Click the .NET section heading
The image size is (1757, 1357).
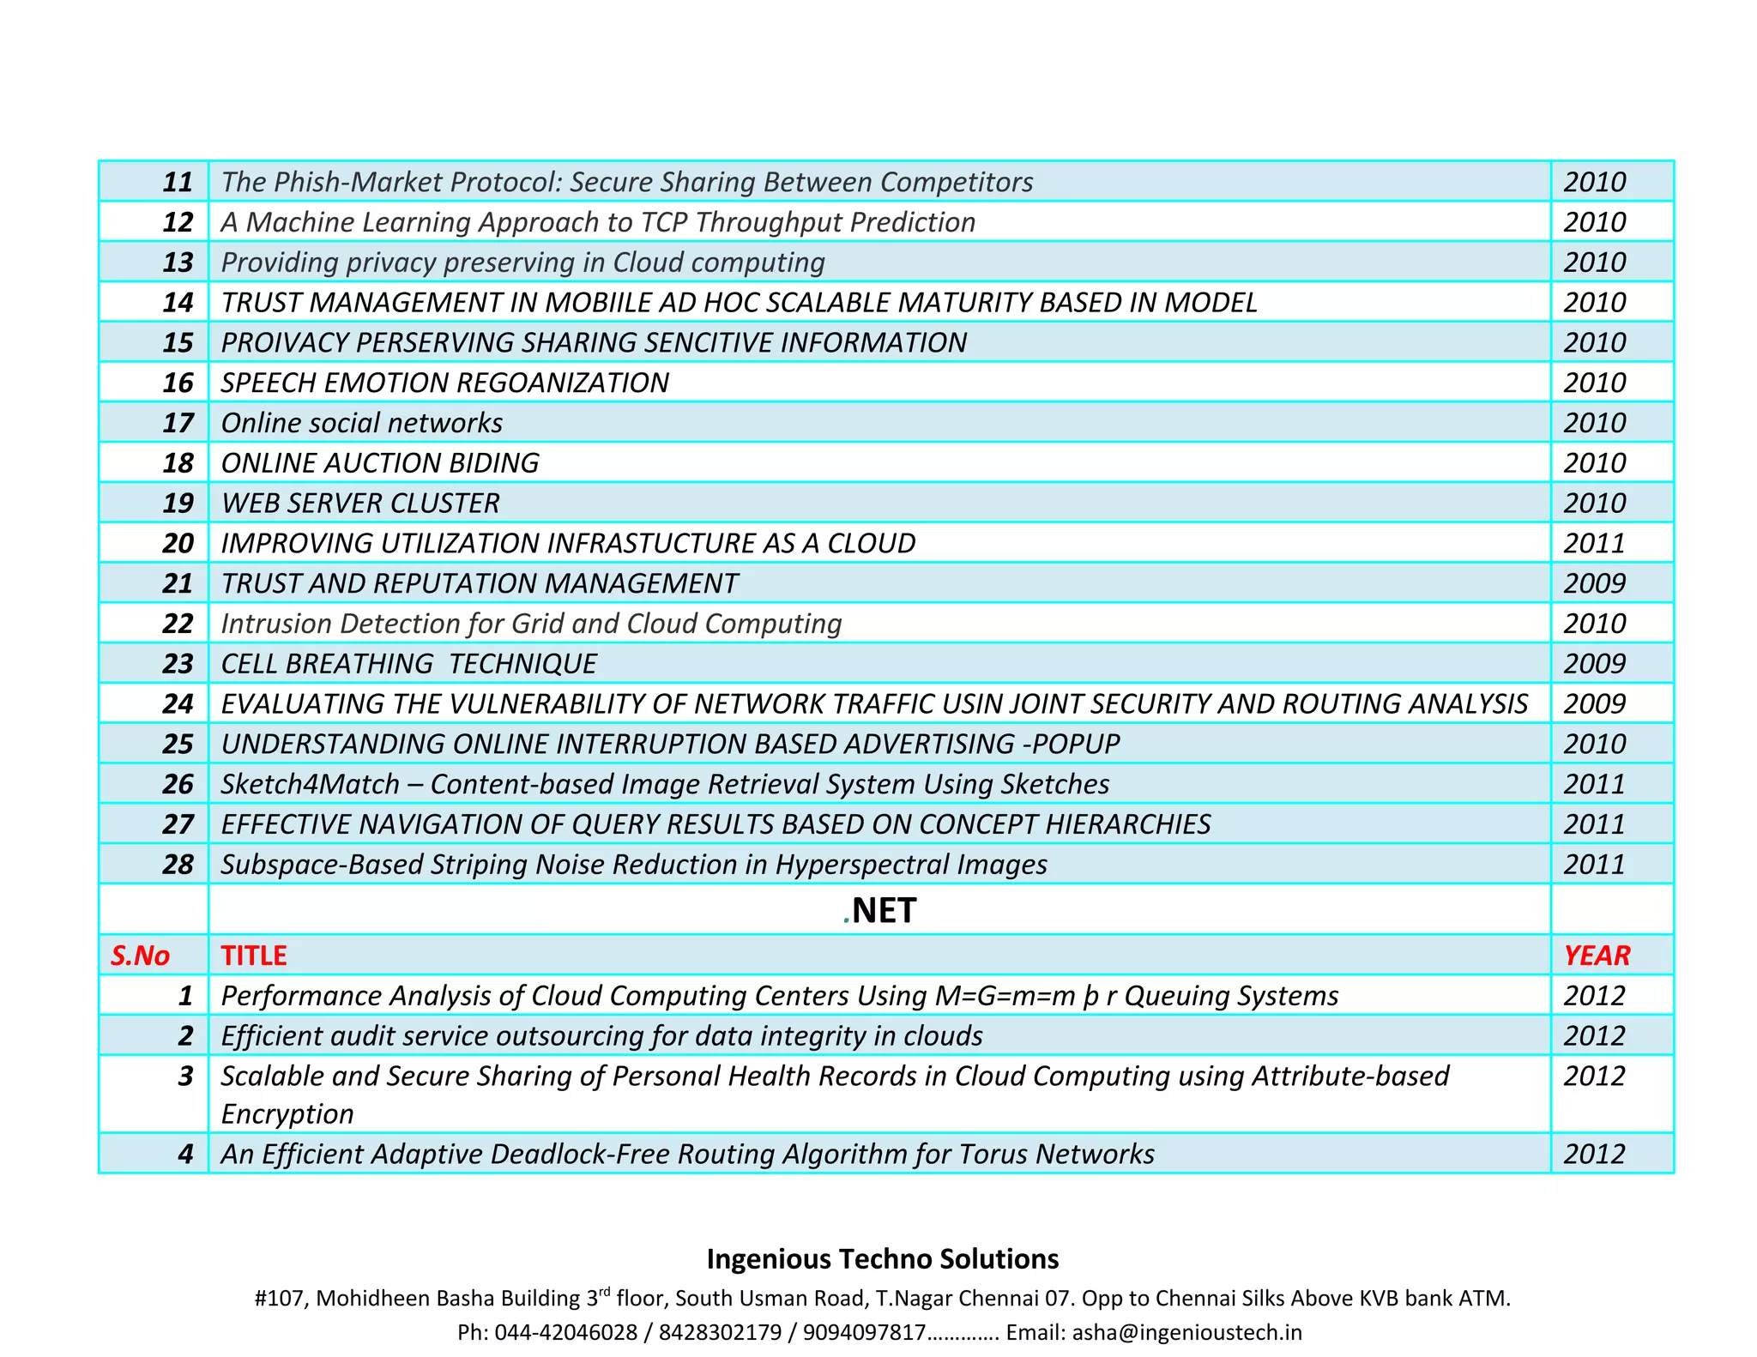pos(880,910)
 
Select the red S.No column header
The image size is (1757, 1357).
pos(140,956)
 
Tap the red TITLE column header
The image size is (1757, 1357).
pos(254,956)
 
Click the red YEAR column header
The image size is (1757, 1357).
pos(1597,956)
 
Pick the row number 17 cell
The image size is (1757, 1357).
pos(178,423)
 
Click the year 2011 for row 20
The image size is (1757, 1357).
pos(1594,543)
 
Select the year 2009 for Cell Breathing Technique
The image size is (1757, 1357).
pos(1594,664)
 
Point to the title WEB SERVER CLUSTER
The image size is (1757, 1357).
pos(360,504)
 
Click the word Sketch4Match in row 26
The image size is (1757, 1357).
pos(311,784)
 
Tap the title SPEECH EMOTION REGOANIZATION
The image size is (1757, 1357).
pos(444,383)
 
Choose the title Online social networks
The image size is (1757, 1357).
pos(361,423)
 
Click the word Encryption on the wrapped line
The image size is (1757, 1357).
pos(287,1114)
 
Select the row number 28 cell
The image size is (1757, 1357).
pos(178,865)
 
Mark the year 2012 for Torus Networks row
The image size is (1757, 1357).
pos(1594,1155)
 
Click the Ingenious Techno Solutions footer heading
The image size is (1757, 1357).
pos(883,1259)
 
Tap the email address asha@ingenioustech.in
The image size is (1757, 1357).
pos(1186,1332)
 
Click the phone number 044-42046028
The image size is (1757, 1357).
pos(566,1332)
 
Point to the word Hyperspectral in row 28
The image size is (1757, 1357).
pos(861,865)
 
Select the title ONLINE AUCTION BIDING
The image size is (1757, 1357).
pos(380,463)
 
